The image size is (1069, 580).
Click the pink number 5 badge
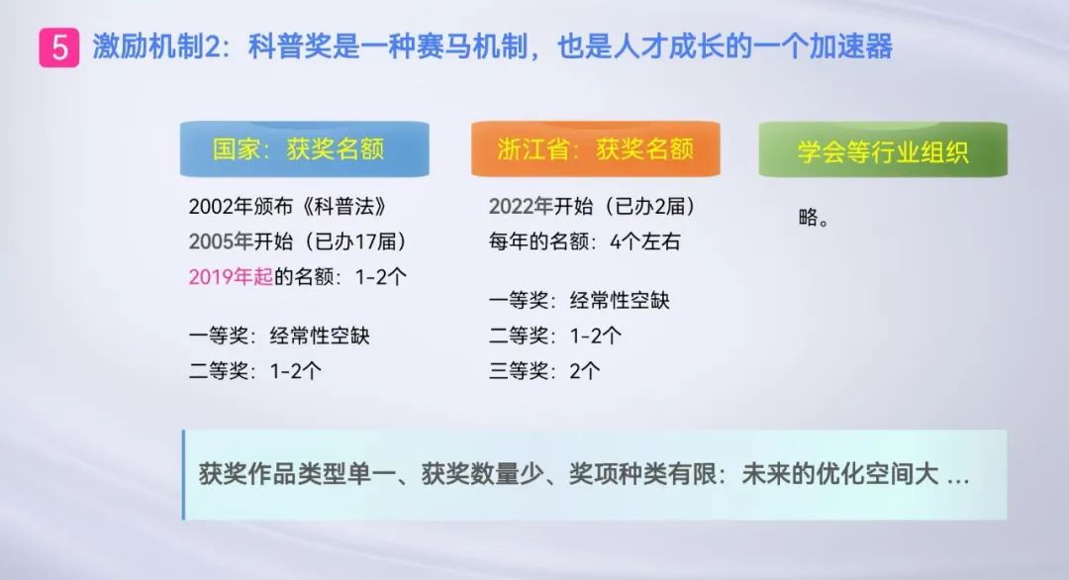coord(58,48)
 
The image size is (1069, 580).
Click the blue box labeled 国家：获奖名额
coord(304,149)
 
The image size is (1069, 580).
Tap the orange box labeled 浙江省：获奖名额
coord(595,149)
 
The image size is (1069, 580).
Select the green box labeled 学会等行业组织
coord(883,149)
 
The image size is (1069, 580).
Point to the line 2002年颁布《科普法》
coord(288,207)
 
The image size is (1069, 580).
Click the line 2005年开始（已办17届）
coord(298,242)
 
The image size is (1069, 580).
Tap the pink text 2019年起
coord(231,277)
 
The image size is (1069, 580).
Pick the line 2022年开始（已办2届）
coord(593,206)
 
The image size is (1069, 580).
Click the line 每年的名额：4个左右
coord(584,242)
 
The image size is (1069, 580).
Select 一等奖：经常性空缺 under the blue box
coord(279,336)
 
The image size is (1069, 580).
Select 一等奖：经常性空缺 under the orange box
coord(579,300)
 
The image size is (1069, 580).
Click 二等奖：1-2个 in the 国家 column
coord(255,371)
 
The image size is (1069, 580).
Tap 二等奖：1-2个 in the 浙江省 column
coord(555,336)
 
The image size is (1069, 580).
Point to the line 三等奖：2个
coord(544,371)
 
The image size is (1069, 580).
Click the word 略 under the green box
coord(808,218)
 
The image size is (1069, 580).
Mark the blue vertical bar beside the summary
coord(183,474)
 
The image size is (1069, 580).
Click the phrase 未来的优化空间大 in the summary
coord(840,474)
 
